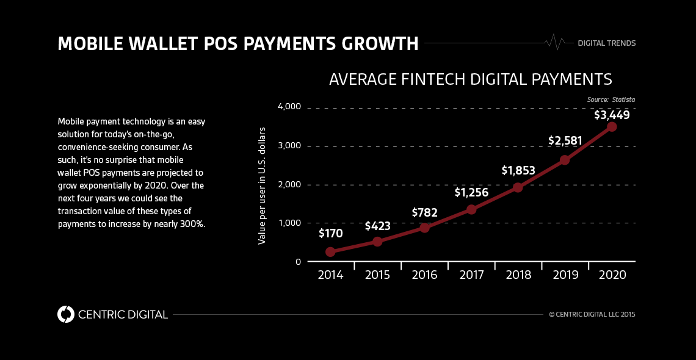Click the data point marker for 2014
click(330, 251)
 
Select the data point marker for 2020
click(612, 127)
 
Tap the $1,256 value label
click(471, 193)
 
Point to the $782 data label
click(424, 212)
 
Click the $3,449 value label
click(612, 115)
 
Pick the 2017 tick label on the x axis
click(471, 275)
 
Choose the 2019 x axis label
click(565, 275)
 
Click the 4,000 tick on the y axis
click(289, 107)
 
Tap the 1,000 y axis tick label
click(289, 223)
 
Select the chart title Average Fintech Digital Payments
click(470, 79)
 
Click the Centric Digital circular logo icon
click(65, 314)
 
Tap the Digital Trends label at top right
click(606, 43)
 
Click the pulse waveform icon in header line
click(554, 42)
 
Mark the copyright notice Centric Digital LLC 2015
click(592, 315)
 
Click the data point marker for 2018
click(518, 187)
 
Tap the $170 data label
click(330, 233)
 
